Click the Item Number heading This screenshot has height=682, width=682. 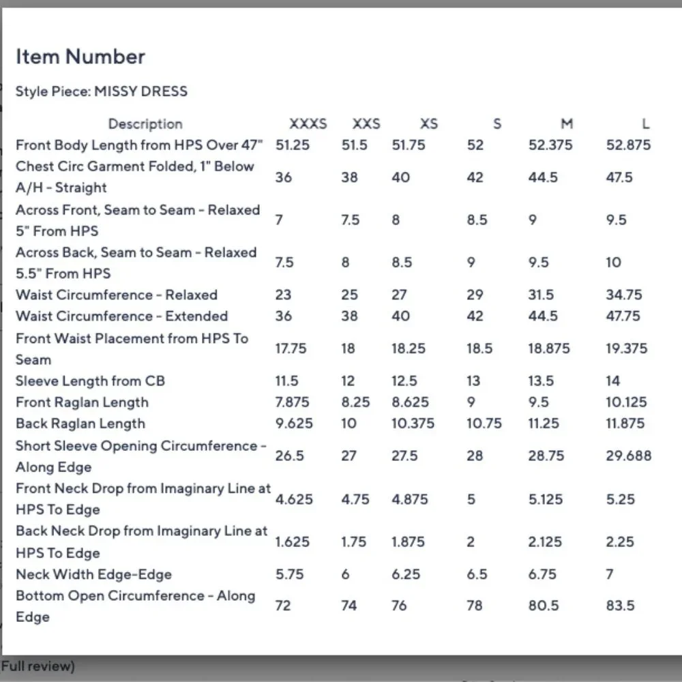tap(80, 57)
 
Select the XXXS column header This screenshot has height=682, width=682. tap(308, 124)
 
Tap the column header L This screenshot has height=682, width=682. tap(645, 124)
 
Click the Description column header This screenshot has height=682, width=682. tap(145, 124)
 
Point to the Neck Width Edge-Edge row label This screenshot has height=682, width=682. tap(93, 574)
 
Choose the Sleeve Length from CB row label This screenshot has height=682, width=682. tap(90, 381)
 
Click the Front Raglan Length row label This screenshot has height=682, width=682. tap(82, 402)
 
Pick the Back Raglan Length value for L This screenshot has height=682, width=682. tap(625, 424)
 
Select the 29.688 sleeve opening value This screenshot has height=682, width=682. tap(628, 456)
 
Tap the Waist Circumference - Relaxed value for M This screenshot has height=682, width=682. tap(542, 295)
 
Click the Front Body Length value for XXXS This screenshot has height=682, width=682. tap(292, 145)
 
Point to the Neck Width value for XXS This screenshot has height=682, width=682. tap(345, 574)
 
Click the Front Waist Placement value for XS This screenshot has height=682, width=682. tap(408, 349)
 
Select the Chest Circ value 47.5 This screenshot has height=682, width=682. tap(619, 177)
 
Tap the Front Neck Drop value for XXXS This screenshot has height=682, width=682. tap(294, 499)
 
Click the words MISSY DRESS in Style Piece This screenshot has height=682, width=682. tap(140, 91)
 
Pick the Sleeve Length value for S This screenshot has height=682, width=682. tap(473, 381)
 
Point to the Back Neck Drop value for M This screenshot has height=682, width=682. tap(545, 542)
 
